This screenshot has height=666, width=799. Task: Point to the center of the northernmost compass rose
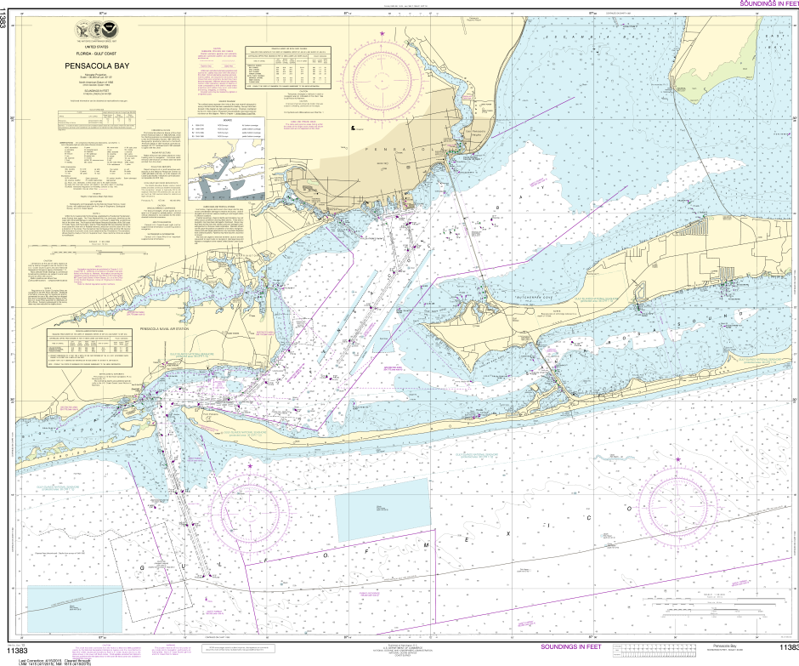coord(382,80)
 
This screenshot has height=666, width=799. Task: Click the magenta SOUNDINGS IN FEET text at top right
coord(768,4)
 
